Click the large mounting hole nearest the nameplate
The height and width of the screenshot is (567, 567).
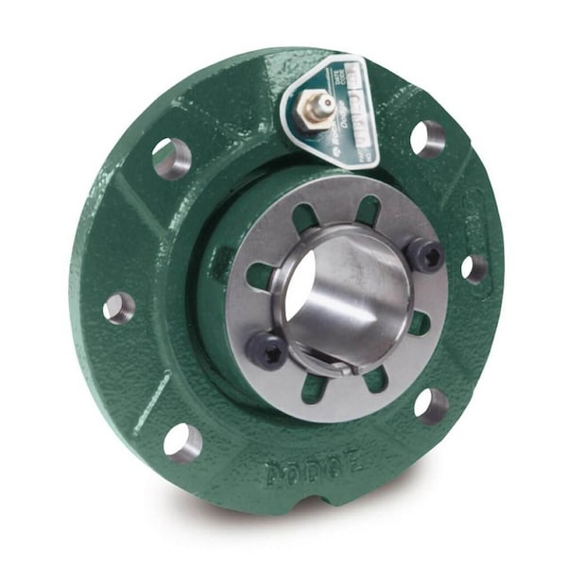pos(427,138)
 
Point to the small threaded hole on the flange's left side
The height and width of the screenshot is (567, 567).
pos(118,307)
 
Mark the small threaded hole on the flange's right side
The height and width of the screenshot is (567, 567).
pos(474,268)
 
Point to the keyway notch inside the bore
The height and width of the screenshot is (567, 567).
pos(335,362)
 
